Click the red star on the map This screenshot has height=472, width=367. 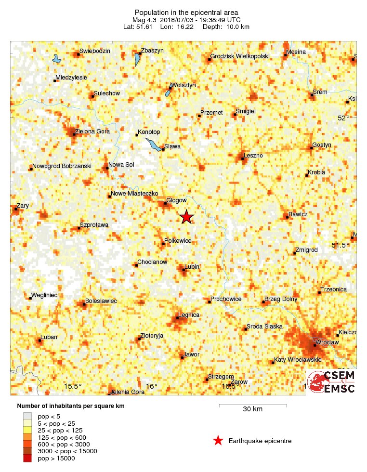186,217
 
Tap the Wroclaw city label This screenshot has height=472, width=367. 328,342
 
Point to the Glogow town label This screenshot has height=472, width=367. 176,200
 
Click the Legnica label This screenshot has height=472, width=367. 189,315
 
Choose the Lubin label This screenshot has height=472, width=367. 192,266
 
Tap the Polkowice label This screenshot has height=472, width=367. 178,240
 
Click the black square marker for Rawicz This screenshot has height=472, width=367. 287,217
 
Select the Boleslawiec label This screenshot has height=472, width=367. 101,301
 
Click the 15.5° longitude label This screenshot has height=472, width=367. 73,386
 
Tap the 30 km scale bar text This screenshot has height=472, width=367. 252,409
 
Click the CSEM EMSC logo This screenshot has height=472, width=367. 331,382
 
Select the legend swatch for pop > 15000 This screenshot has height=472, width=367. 27,459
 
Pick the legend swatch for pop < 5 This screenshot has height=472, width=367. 27,416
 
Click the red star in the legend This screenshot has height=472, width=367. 218,440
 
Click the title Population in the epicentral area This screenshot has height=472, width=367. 186,12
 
